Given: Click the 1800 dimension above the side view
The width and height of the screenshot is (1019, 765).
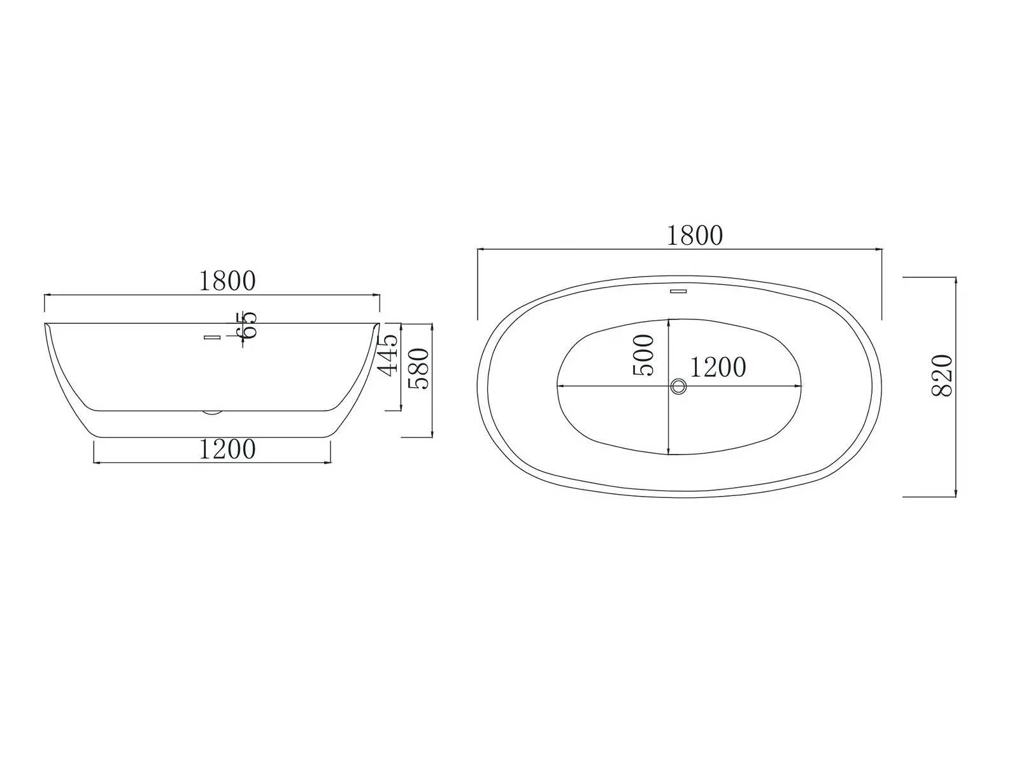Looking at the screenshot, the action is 227,281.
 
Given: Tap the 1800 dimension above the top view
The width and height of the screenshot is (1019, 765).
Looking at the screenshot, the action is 695,235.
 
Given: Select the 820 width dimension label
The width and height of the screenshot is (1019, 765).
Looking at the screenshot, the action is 943,375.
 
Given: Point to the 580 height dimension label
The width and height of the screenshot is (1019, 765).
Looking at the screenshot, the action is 418,368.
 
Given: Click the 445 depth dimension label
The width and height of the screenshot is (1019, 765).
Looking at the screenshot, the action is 388,354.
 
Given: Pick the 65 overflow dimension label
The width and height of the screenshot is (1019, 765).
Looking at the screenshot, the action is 246,326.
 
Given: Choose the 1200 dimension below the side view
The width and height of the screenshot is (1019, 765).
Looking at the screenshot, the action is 227,449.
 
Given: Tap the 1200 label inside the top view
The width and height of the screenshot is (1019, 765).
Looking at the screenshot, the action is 718,367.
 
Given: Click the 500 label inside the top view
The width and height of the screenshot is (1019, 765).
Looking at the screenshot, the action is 644,355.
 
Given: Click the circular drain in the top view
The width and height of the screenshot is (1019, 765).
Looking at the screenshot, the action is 678,386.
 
